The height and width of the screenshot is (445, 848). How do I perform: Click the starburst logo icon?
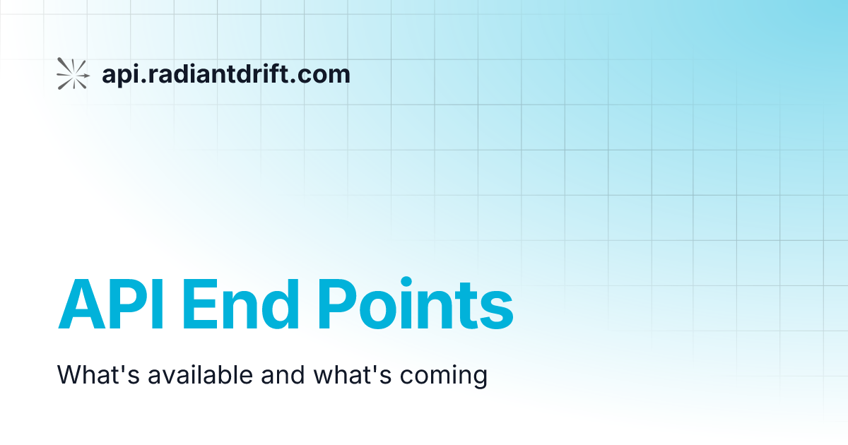point(73,73)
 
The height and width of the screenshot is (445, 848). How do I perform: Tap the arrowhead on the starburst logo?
point(86,73)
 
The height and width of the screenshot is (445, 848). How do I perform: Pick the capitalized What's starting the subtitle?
point(98,374)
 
